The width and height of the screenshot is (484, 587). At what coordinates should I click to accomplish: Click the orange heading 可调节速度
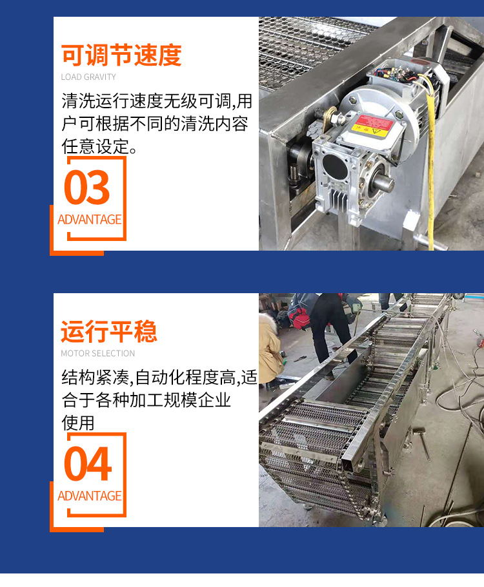121,55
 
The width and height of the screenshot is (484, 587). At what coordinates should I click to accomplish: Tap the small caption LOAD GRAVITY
88,77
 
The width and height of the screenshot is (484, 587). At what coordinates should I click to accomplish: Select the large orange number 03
86,187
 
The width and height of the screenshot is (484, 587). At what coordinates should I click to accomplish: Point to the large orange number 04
88,464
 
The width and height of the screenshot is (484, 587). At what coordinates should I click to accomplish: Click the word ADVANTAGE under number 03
90,219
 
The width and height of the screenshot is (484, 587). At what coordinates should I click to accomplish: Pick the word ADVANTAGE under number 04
90,496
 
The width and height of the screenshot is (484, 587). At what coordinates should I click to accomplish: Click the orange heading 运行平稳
109,331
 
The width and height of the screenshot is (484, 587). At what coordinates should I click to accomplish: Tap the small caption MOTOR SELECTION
98,353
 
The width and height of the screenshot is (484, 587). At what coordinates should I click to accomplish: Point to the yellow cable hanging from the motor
431,157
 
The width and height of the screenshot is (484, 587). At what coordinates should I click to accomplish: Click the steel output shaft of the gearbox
383,184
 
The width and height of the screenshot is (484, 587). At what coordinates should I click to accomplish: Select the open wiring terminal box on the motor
398,75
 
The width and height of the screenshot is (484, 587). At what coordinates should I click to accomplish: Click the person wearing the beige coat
269,350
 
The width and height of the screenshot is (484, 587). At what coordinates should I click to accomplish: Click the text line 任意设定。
99,146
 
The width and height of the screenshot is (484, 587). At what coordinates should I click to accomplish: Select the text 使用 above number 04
78,423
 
